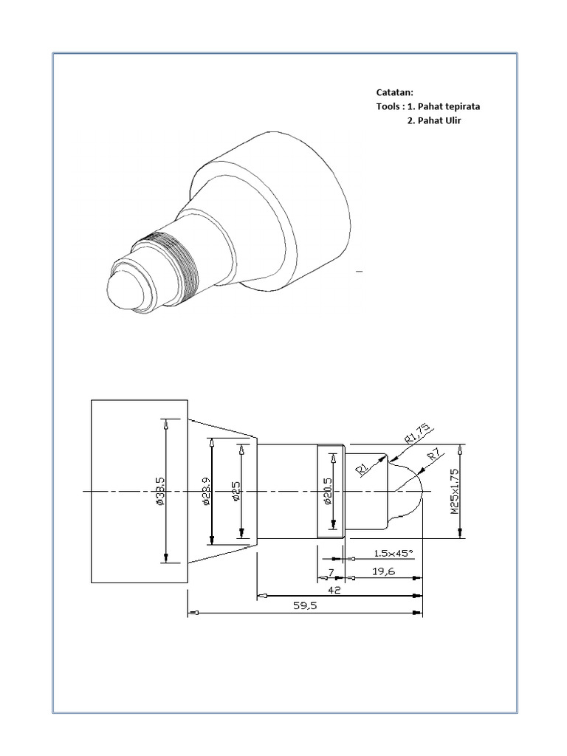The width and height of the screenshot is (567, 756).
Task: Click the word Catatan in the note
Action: click(395, 92)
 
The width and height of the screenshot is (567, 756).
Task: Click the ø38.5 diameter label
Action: click(160, 491)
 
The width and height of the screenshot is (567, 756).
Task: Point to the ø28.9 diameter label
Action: click(206, 491)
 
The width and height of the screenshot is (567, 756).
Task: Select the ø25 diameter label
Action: click(236, 491)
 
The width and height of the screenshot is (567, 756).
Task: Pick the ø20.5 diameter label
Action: click(327, 491)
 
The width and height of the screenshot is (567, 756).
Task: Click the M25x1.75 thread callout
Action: click(455, 491)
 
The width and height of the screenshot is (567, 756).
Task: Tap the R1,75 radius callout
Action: click(418, 434)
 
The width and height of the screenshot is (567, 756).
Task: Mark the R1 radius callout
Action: click(362, 468)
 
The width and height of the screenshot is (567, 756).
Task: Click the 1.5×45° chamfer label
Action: click(393, 552)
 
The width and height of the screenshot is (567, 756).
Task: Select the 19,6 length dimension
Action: click(383, 571)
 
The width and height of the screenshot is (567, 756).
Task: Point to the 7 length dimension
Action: click(331, 572)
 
